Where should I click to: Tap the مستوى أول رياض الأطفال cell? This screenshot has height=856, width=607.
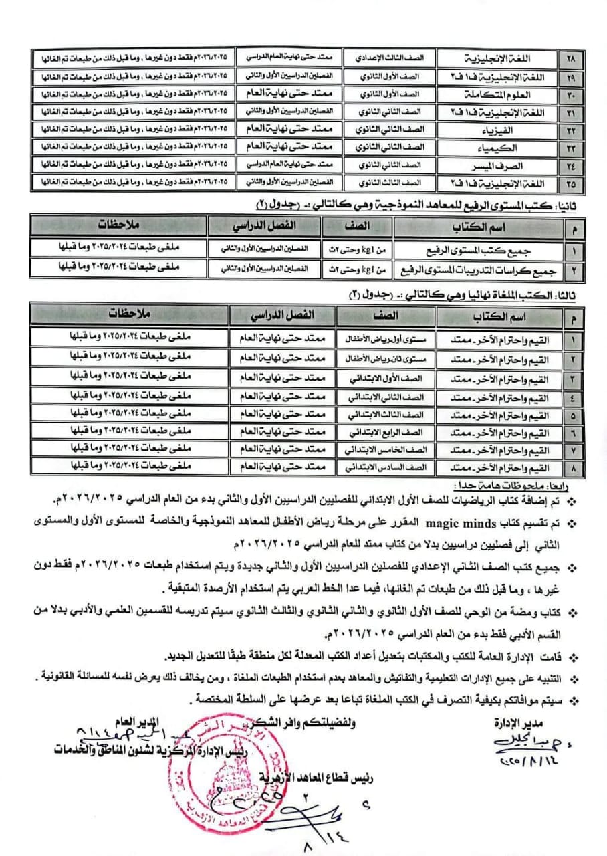[395, 340]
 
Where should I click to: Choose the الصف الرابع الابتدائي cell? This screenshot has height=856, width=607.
[395, 429]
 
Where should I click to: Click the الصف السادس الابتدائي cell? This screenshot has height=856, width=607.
[395, 465]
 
